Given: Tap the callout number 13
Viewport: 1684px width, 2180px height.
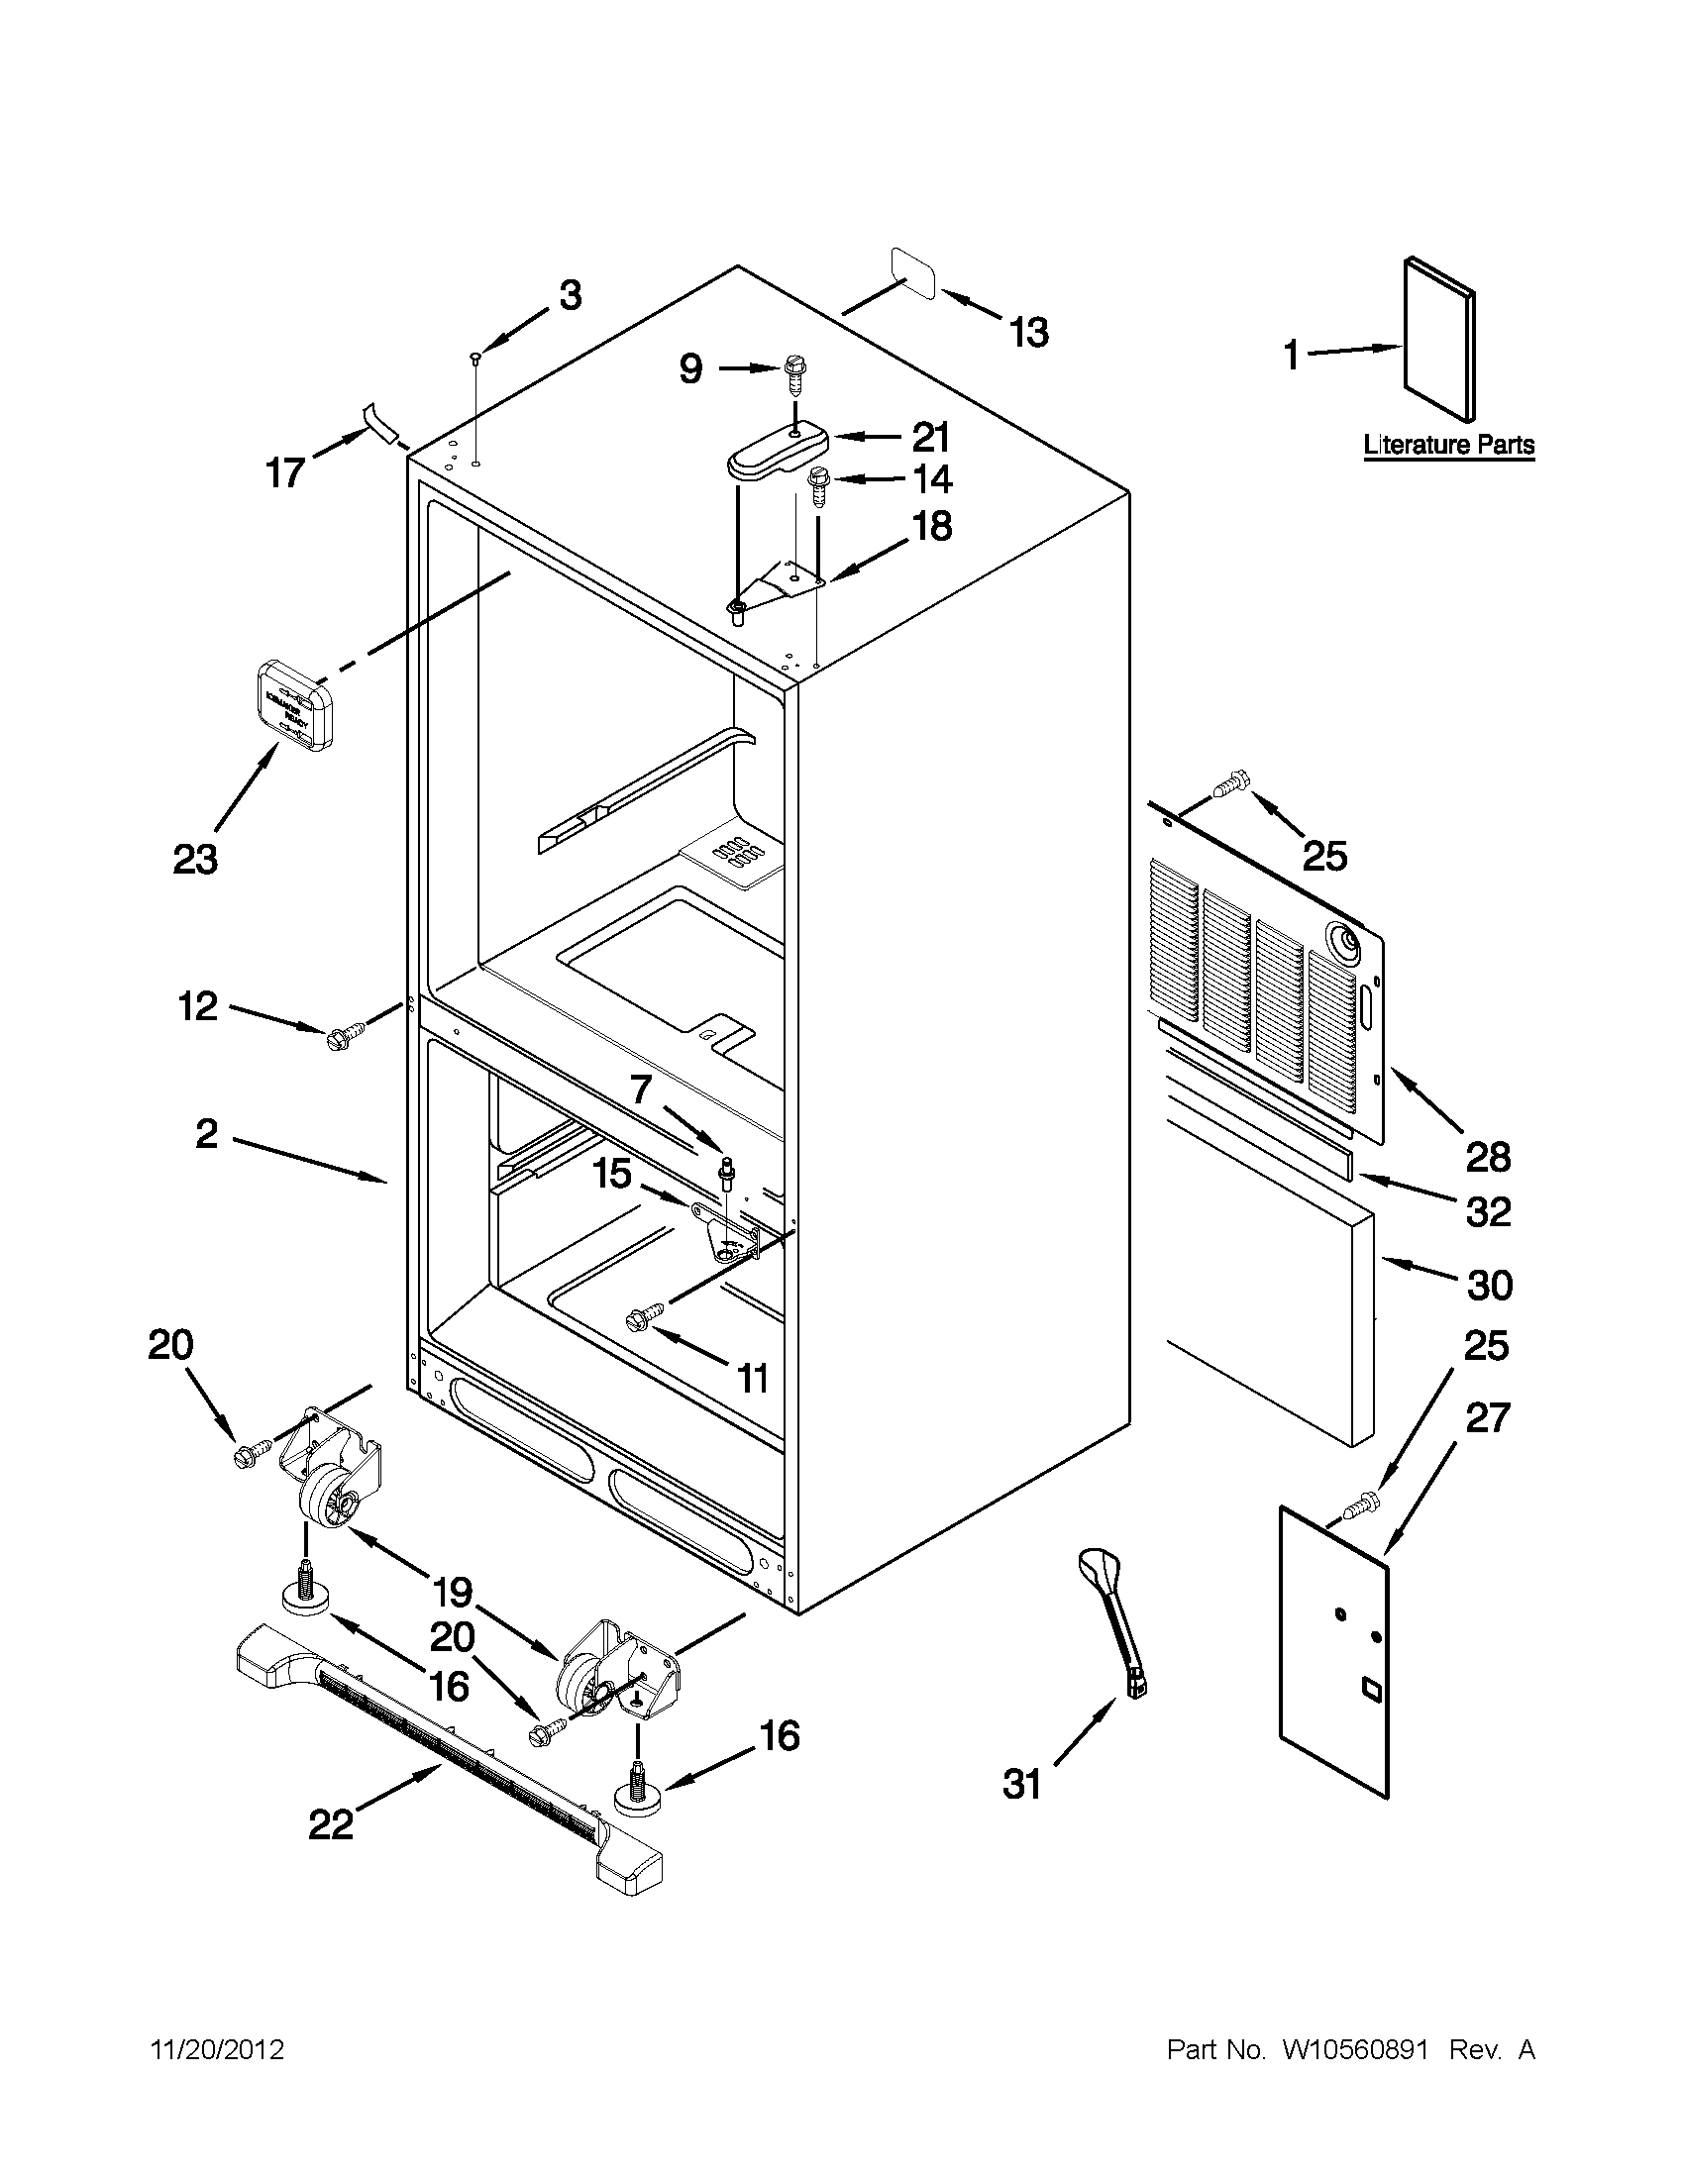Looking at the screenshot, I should (x=1028, y=333).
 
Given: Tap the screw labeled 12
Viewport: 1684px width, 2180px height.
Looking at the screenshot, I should (x=338, y=1038).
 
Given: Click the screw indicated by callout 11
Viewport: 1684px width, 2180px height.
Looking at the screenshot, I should (x=637, y=1319).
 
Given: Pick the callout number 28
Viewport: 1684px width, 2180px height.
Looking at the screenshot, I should (x=1487, y=1157).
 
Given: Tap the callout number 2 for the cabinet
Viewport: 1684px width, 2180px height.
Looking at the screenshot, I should (x=206, y=1134).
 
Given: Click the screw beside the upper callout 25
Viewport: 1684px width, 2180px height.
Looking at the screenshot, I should (x=1229, y=786).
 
